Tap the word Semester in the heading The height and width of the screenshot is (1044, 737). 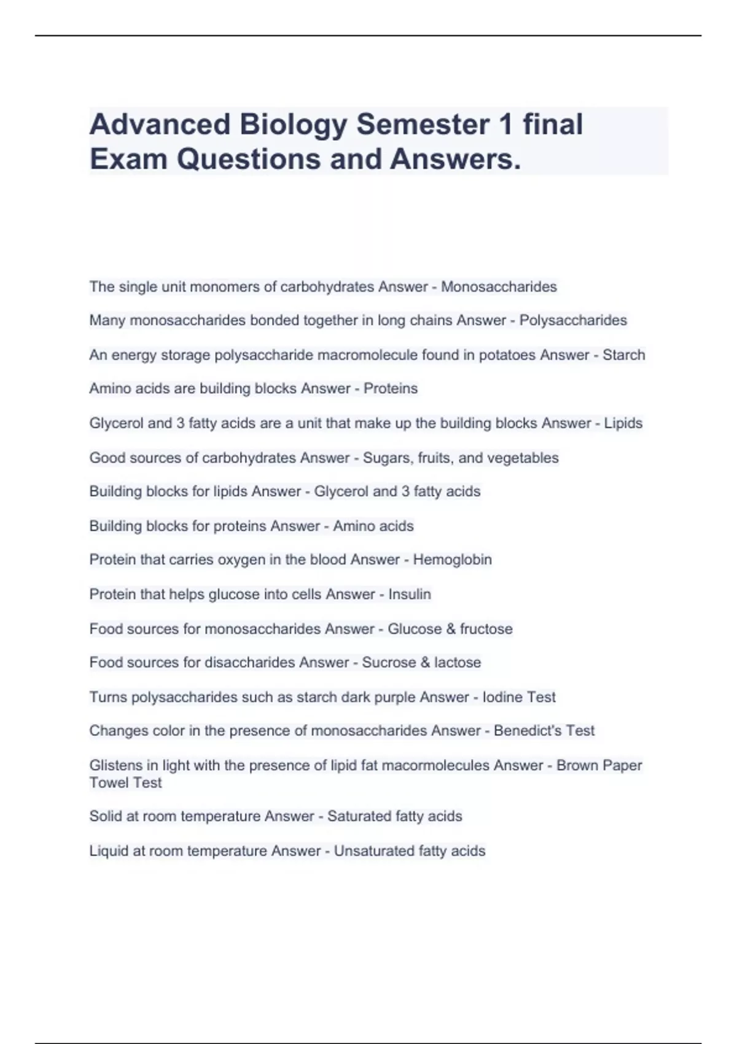click(x=423, y=125)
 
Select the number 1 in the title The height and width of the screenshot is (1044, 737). click(x=505, y=125)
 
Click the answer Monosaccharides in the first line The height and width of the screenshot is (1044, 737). click(x=499, y=287)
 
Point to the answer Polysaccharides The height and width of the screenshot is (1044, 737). click(x=573, y=321)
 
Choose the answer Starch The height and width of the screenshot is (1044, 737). click(x=623, y=355)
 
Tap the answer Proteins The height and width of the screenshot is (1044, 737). click(x=391, y=389)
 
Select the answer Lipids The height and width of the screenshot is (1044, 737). click(x=623, y=423)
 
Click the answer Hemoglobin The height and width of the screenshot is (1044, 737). click(x=452, y=559)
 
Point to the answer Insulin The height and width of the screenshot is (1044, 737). click(x=410, y=594)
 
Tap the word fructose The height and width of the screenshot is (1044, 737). click(x=486, y=629)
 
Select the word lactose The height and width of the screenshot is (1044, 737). click(x=458, y=663)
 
